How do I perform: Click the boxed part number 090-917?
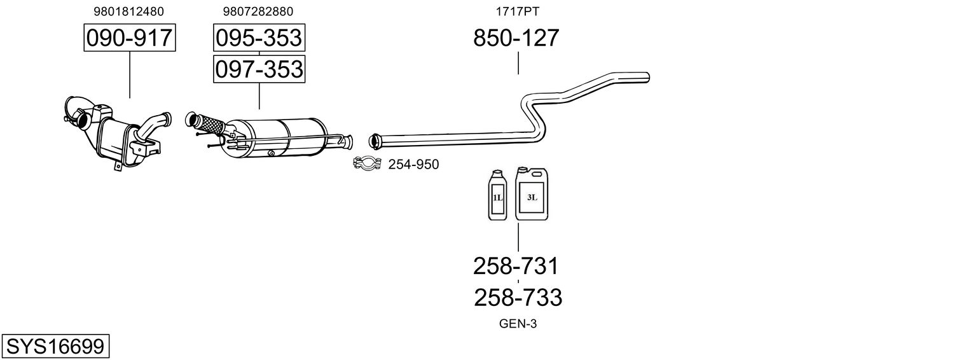[130, 38]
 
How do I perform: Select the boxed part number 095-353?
[259, 38]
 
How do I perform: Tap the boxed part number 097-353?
[259, 69]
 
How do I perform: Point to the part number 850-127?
[516, 38]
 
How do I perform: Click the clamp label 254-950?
[413, 165]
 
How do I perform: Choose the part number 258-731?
[516, 266]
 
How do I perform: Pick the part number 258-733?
[518, 298]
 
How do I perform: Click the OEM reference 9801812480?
[129, 11]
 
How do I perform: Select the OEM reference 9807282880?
[258, 11]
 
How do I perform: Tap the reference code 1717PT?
[517, 11]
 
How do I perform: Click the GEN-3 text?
[518, 324]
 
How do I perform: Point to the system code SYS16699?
[55, 347]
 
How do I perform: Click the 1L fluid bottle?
[497, 195]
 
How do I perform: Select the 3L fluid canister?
[532, 194]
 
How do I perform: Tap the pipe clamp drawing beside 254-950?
[367, 163]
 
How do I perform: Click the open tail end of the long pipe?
[647, 78]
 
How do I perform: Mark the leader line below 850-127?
[518, 63]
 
